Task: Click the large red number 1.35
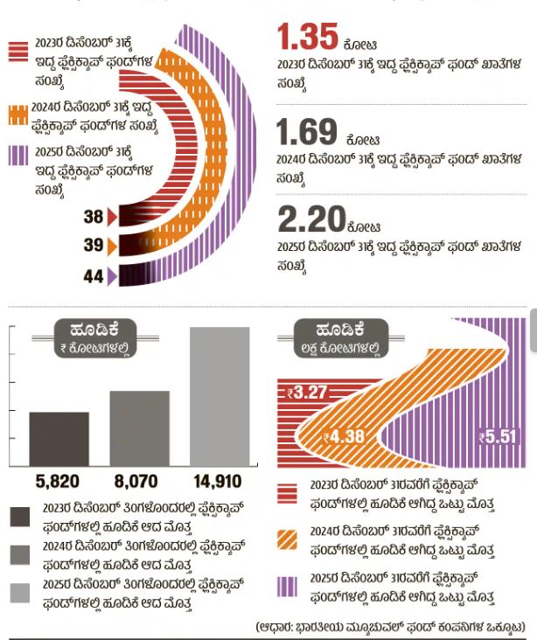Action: pos(308,38)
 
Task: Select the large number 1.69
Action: pos(307,133)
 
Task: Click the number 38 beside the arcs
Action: pos(94,217)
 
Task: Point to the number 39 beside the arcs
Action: pos(94,246)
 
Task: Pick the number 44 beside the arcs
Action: pos(94,276)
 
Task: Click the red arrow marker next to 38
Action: pos(111,217)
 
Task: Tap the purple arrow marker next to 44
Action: pos(111,277)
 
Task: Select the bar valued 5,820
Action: pos(59,438)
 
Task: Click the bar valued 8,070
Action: pos(139,428)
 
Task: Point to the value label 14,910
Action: pos(219,481)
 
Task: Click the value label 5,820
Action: pos(58,481)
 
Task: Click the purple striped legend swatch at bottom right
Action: pos(287,586)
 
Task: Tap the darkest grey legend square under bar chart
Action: pos(19,517)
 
